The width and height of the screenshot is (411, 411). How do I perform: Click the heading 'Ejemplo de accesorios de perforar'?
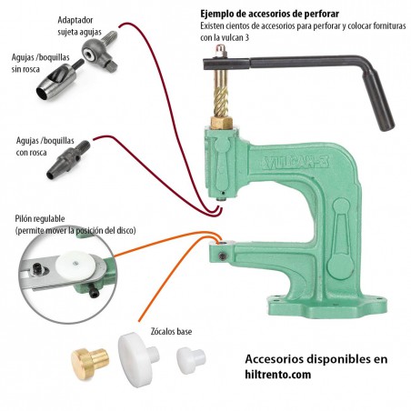click(269, 15)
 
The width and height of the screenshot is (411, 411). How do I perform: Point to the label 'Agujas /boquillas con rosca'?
click(40, 147)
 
